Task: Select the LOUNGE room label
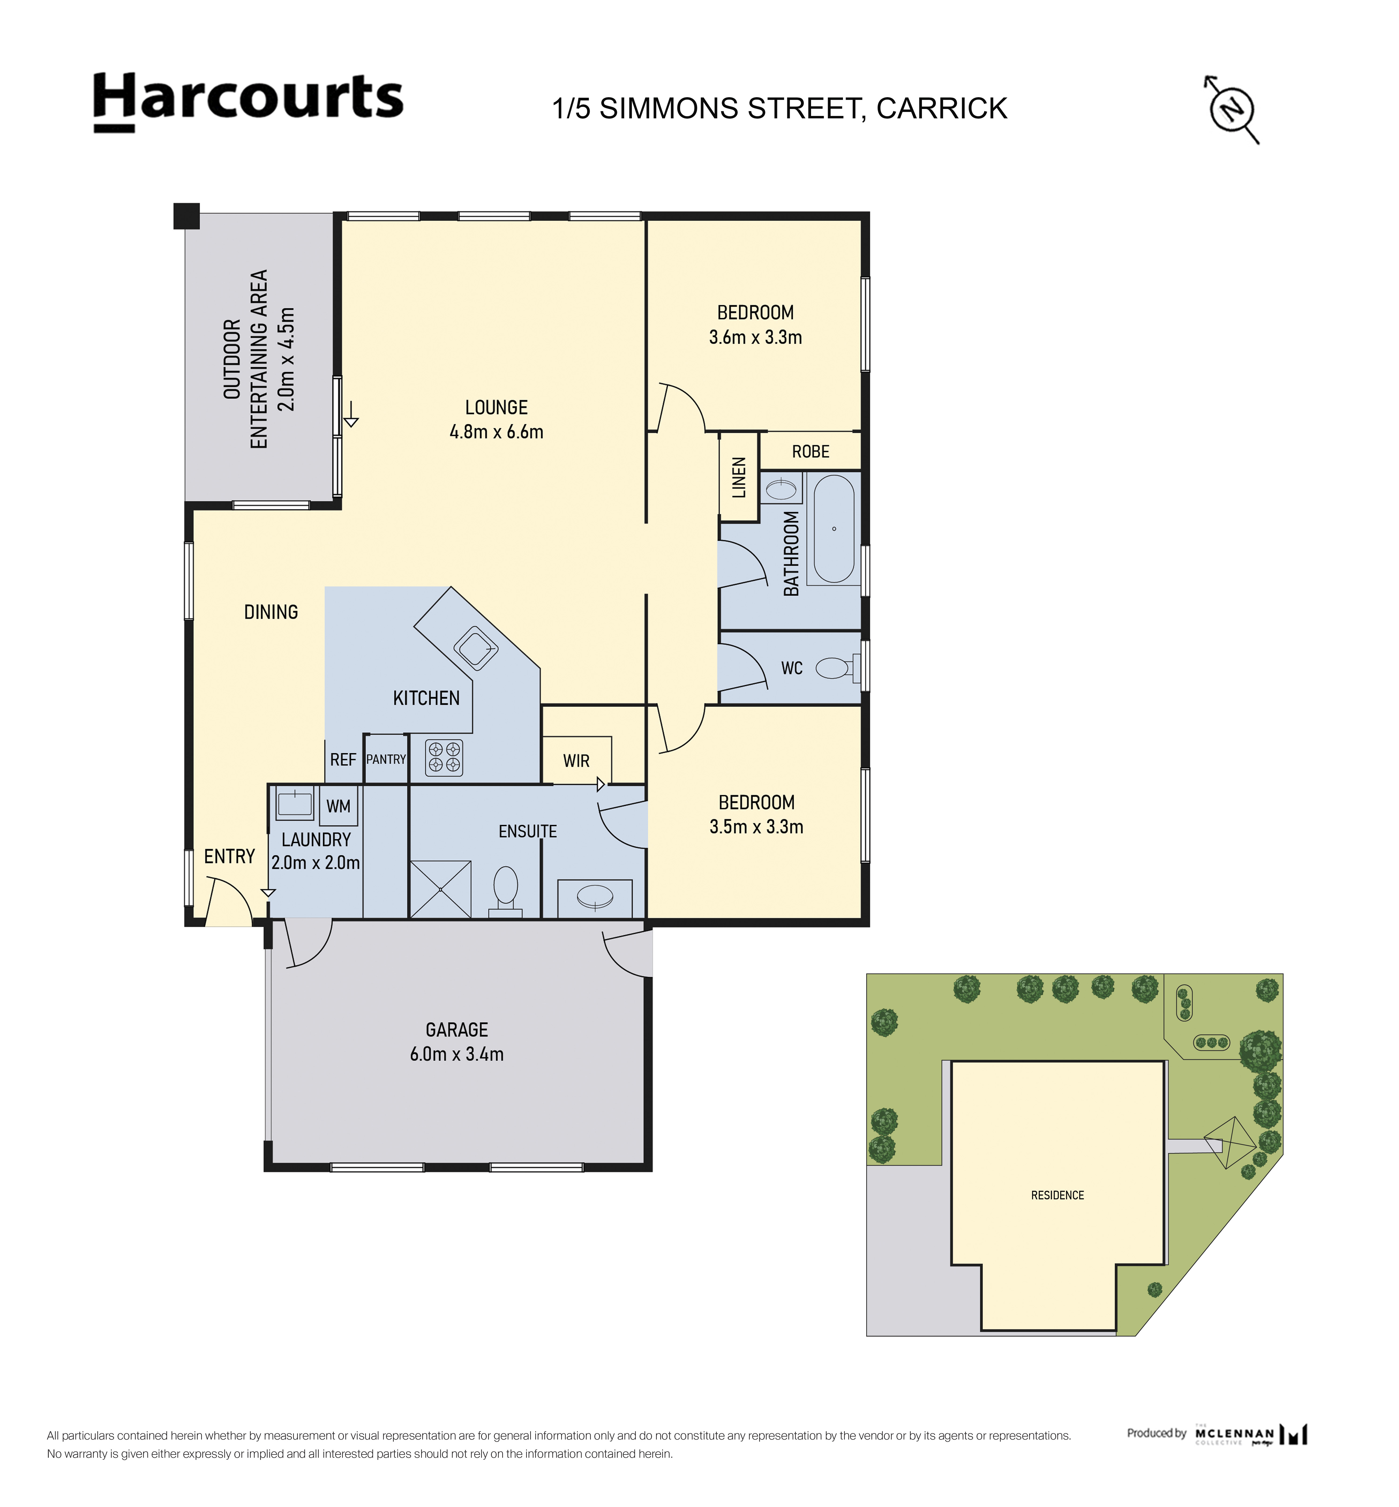pos(497,407)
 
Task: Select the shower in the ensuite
pos(441,889)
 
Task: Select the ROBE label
pos(811,452)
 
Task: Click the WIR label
pos(576,761)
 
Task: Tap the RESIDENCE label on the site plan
pos(1057,1195)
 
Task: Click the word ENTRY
pos(229,856)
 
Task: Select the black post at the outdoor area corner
pos(186,216)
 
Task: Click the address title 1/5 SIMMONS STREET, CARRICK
pos(780,108)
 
